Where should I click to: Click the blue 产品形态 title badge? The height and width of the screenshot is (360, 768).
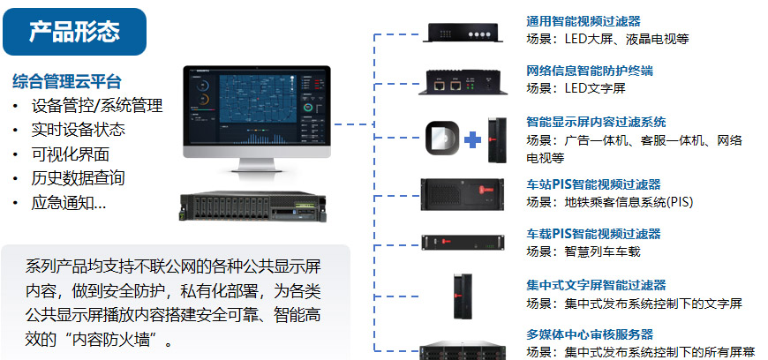click(74, 32)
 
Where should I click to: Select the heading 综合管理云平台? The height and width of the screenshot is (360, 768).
click(66, 81)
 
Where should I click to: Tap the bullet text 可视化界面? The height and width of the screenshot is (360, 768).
click(71, 154)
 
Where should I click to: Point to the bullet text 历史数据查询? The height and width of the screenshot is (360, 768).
click(79, 178)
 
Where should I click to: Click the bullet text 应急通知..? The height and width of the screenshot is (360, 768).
click(69, 202)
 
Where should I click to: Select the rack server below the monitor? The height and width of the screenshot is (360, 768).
click(252, 206)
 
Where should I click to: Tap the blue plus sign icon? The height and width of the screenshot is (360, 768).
click(472, 140)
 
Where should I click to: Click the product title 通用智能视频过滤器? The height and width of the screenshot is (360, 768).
click(584, 21)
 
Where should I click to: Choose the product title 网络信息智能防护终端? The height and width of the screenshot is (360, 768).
click(590, 71)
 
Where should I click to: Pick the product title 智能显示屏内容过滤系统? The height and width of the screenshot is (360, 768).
click(596, 122)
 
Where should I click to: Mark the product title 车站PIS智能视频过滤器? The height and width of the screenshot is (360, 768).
click(593, 184)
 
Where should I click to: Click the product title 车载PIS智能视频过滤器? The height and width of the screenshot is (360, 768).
click(593, 234)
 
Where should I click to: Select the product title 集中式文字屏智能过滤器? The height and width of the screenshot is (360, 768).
click(596, 285)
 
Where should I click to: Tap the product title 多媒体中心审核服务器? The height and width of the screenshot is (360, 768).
click(590, 334)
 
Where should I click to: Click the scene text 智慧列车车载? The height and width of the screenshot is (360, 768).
click(602, 251)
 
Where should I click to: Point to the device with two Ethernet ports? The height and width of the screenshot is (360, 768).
click(463, 82)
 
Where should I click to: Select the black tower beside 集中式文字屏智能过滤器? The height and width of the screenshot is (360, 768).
click(463, 296)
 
